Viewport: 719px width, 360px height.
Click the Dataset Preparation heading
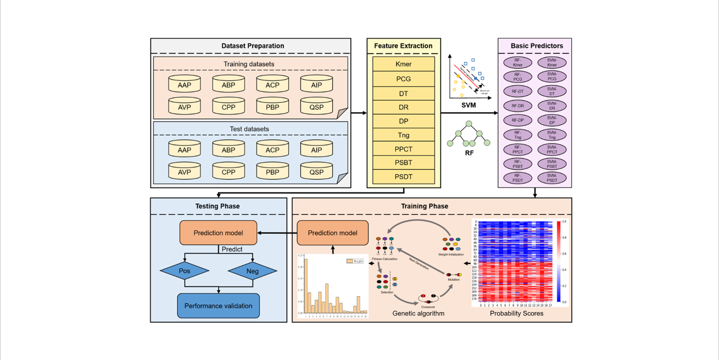253,46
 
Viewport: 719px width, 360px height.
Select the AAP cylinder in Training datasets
185,85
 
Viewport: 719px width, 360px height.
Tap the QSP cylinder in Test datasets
316,171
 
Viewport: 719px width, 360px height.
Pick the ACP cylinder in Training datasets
272,85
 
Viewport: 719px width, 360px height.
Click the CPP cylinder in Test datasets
228,171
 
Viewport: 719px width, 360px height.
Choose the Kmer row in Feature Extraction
403,64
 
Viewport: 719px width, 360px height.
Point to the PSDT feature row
403,176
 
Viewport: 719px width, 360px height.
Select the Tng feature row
403,135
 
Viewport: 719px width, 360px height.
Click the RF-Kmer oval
517,63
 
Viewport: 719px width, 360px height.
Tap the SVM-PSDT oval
552,178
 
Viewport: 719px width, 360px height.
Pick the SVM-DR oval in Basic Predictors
552,106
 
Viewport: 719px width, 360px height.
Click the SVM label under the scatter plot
469,105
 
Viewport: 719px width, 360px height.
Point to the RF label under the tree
469,153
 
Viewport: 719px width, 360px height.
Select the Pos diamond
185,271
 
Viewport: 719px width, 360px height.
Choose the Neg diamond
252,271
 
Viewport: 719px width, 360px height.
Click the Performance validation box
218,306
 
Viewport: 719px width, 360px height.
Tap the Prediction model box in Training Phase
332,232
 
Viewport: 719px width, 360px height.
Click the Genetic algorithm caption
418,313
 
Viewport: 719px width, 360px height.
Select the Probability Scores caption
516,313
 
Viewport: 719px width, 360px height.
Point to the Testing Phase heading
218,206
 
